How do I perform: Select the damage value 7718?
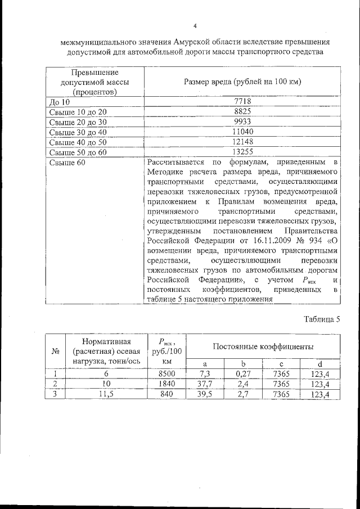[242, 102]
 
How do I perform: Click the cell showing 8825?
[242, 112]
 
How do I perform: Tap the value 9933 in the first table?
[242, 121]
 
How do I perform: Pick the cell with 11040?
[242, 132]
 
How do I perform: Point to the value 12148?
[242, 142]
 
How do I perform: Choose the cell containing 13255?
[242, 152]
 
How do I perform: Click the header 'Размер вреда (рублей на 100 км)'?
[242, 82]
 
